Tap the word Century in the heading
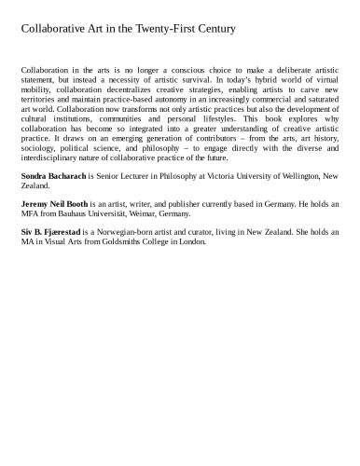211,29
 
